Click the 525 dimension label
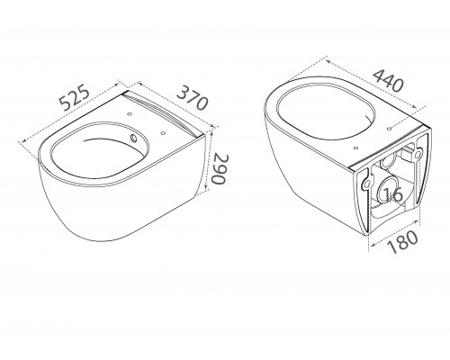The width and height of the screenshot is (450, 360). coord(75,98)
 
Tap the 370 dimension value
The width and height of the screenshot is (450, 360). coord(192,98)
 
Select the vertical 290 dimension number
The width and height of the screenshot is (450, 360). coord(220,169)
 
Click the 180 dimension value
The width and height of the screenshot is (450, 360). coord(402,242)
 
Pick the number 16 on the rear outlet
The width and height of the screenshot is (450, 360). coord(393,194)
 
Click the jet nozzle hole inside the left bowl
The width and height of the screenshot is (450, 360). coord(133,139)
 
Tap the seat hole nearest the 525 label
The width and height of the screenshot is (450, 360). coord(130,114)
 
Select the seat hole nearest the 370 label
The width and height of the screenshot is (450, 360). coord(163,133)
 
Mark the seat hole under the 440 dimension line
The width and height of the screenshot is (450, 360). coord(389,129)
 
